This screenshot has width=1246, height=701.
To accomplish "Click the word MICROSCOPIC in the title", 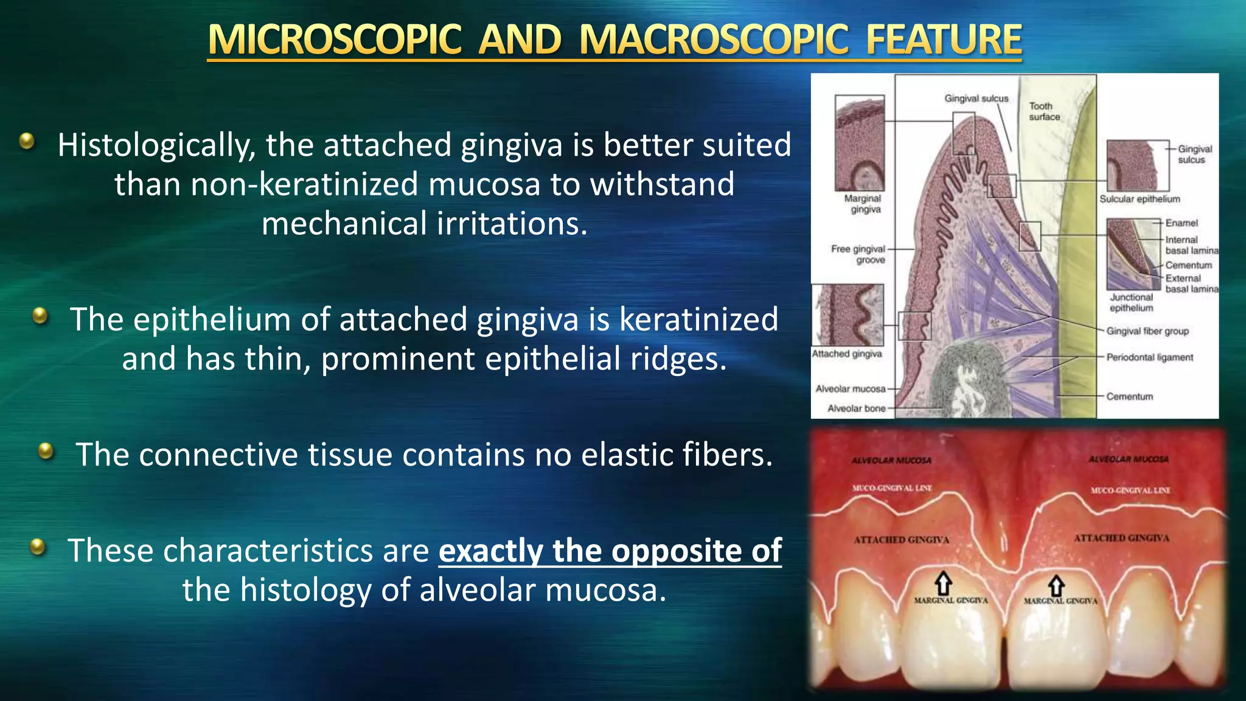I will coord(334,40).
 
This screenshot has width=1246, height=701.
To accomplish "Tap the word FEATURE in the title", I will coord(943,40).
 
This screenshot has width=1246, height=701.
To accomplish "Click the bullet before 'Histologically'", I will coord(27,141).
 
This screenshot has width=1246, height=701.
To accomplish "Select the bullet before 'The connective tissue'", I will coord(46,451).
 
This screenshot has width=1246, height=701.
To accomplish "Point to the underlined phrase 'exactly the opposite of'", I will coord(610,551).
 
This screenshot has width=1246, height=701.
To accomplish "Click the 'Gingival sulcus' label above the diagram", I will coord(976,99).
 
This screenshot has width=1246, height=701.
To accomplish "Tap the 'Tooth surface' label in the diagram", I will coord(1044,111).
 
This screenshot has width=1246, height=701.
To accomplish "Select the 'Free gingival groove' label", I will coord(858,254).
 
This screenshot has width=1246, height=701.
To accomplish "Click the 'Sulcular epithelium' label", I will coord(1139,199).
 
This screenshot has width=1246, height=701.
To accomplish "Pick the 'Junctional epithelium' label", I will coord(1131,302).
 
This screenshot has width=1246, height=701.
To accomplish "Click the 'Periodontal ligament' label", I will coord(1149,357).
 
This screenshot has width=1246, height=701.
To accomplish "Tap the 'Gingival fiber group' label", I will coord(1147,331).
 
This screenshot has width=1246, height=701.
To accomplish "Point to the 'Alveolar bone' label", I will coord(856,408).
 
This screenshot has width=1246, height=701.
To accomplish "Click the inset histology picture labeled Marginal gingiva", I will coord(859,144).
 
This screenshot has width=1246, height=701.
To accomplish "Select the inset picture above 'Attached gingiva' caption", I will coord(847,315).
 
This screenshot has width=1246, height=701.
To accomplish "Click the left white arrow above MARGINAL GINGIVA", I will coord(943,584).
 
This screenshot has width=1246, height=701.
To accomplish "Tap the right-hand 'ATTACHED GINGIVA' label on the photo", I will coord(1121,538).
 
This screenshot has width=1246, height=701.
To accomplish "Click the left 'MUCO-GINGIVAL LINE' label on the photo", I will coord(891,488).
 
